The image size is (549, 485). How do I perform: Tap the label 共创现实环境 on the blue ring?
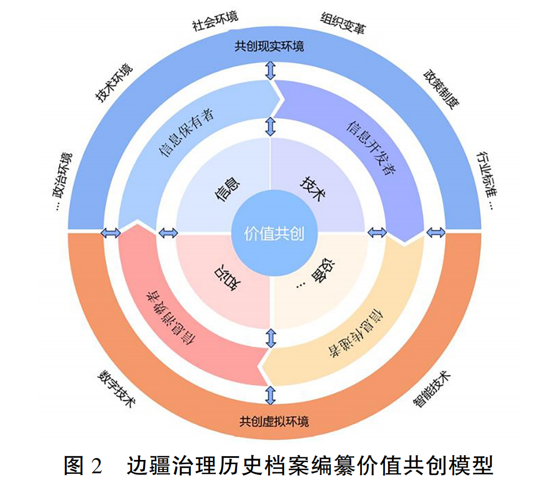tap(270, 46)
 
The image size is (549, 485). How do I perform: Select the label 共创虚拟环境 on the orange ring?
tap(274, 422)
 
